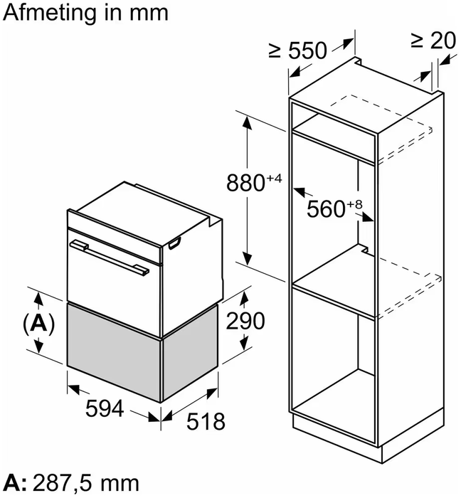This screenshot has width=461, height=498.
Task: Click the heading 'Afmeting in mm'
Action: pyautogui.click(x=85, y=13)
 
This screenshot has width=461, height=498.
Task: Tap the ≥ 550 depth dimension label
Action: pyautogui.click(x=298, y=50)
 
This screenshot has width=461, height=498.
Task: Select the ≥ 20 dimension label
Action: pyautogui.click(x=433, y=41)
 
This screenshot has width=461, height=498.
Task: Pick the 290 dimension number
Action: pyautogui.click(x=245, y=321)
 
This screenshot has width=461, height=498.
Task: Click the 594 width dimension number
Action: pyautogui.click(x=104, y=409)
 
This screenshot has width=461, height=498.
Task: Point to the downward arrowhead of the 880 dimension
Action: pyautogui.click(x=248, y=260)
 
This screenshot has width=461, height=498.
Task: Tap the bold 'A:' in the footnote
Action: pyautogui.click(x=16, y=482)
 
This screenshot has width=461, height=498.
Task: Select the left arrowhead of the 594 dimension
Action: pyautogui.click(x=72, y=387)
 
